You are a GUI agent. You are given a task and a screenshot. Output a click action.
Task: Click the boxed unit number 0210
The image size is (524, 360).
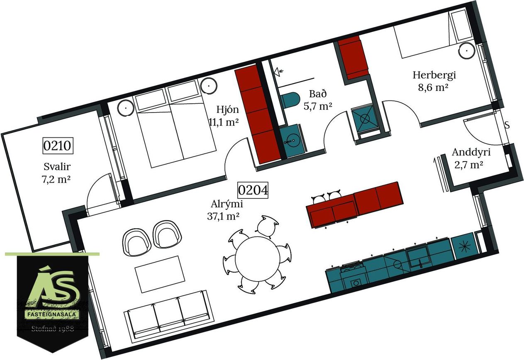[58, 146]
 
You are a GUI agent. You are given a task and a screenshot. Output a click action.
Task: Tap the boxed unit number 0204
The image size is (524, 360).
[253, 190]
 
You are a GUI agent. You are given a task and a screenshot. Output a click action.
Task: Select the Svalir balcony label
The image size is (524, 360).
[57, 167]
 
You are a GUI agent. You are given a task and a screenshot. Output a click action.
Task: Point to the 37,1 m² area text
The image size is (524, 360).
[223, 216]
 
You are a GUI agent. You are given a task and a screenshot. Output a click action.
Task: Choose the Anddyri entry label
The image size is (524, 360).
[471, 152]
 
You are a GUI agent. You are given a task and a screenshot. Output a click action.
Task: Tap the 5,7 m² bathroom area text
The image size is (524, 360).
[318, 106]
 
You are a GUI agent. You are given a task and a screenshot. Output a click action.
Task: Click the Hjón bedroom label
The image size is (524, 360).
[227, 110]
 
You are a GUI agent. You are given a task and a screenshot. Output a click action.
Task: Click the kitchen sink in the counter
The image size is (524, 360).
[419, 258]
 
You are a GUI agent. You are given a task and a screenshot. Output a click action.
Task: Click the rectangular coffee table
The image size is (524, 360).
[160, 274]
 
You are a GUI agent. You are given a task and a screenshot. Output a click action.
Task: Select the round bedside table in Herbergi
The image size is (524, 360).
[467, 51]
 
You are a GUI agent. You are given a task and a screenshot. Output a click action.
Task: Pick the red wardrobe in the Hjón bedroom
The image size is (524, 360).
[258, 115]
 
